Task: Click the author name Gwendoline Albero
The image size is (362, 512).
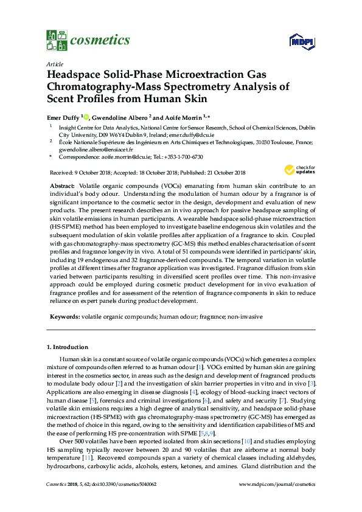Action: coord(122,117)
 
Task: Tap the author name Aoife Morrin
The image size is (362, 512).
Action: coord(185,117)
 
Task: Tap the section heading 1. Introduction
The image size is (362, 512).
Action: coord(68,347)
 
